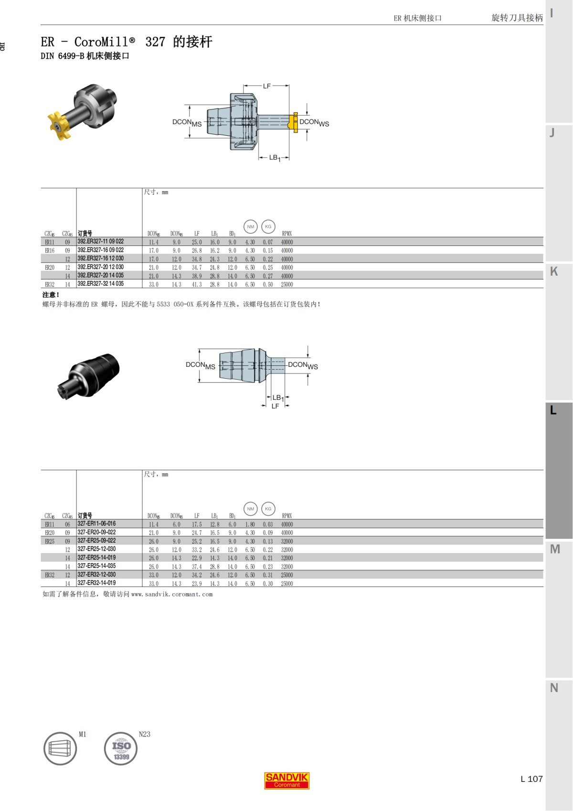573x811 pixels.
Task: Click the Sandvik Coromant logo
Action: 286,780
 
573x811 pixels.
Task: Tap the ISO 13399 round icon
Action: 121,749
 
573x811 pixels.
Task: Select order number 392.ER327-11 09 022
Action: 100,242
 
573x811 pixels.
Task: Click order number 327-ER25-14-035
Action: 96,566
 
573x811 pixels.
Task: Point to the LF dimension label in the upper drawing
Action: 266,86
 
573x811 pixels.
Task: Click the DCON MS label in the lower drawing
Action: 200,365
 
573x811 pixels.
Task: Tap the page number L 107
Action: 531,779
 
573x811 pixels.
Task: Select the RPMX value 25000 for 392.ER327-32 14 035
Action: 287,285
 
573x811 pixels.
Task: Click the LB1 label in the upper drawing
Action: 275,158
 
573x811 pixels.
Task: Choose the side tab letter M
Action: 554,549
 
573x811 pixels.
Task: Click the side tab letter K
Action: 554,271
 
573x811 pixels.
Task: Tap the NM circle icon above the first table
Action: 250,226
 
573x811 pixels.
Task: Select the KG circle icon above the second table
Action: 268,509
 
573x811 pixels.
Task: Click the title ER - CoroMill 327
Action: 126,42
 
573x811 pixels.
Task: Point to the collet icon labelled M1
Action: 60,749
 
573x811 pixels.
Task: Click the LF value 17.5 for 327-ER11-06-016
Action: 197,524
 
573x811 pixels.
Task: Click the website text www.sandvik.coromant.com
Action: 171,595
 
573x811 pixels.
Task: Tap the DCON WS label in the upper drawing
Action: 314,123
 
